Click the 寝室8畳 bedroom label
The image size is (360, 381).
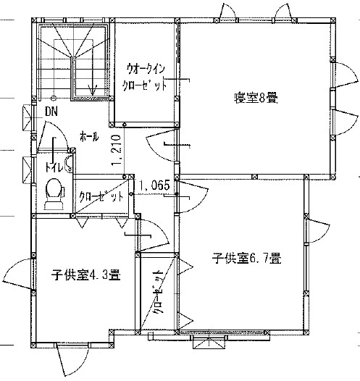tap(256, 98)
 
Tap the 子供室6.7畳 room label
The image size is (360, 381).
tap(247, 258)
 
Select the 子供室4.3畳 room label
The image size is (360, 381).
tap(86, 275)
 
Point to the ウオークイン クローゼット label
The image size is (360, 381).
tap(144, 77)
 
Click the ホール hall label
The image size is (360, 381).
tap(89, 137)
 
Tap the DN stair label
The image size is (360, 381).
tap(51, 112)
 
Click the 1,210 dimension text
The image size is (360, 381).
tap(116, 151)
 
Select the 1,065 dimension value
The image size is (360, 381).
tap(154, 186)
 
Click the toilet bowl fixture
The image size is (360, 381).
tap(55, 194)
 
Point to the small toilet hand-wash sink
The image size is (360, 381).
tap(69, 163)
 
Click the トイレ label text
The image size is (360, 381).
tap(54, 167)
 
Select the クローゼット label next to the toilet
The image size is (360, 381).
tap(101, 196)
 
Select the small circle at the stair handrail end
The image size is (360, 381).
tap(54, 98)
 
